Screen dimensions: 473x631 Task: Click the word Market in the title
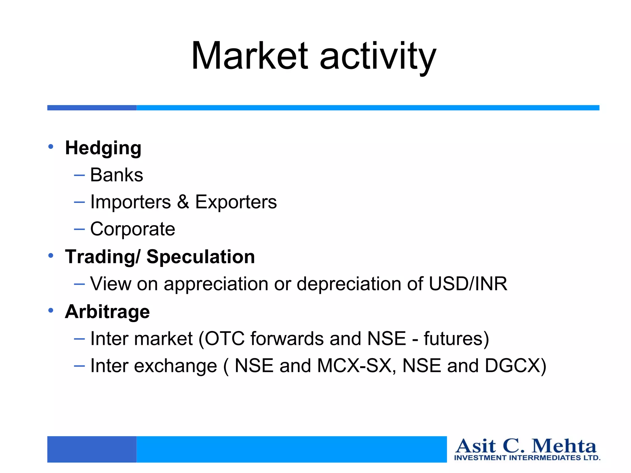(250, 56)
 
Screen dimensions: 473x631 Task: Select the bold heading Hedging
(103, 148)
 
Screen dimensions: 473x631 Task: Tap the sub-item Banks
(116, 175)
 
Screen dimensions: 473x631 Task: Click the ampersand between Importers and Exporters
(183, 202)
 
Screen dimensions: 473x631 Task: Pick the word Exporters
(236, 202)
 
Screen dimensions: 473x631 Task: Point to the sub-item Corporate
(132, 229)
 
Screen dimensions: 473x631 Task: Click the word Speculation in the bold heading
(201, 257)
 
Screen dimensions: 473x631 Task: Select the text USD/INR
(468, 284)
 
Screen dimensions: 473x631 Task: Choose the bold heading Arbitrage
(107, 312)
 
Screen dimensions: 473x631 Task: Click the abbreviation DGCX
(511, 366)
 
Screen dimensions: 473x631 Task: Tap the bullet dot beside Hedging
(51, 147)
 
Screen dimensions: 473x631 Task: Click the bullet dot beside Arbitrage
(51, 310)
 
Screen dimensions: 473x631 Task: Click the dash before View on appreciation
(79, 284)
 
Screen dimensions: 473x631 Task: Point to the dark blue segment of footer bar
(92, 449)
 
